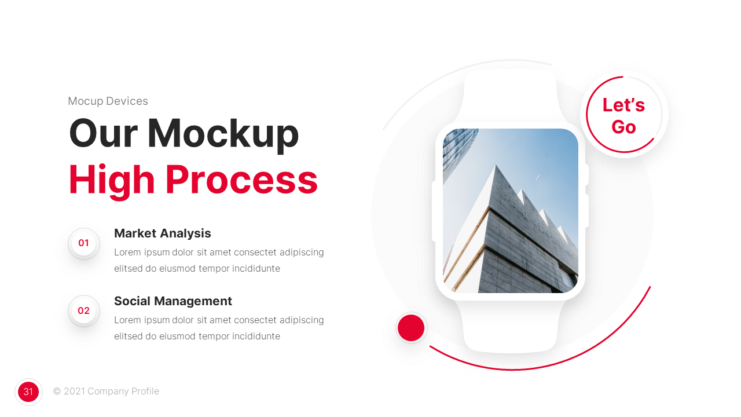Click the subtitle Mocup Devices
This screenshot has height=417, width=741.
click(108, 101)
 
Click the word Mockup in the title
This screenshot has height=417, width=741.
click(223, 133)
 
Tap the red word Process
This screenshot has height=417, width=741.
click(241, 180)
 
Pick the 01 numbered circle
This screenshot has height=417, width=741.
click(84, 243)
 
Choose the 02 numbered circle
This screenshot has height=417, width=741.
click(84, 311)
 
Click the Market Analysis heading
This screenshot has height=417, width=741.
click(162, 233)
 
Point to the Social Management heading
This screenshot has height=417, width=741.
click(173, 301)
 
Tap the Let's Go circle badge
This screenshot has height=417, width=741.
click(623, 115)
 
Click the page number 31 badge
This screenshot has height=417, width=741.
click(28, 392)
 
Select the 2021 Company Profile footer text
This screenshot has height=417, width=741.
click(106, 392)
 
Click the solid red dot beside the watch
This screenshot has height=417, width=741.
click(411, 328)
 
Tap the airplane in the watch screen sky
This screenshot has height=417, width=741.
click(537, 177)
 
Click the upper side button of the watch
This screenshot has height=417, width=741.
click(586, 174)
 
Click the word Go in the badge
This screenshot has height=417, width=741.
click(623, 127)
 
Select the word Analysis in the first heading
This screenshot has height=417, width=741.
click(186, 233)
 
